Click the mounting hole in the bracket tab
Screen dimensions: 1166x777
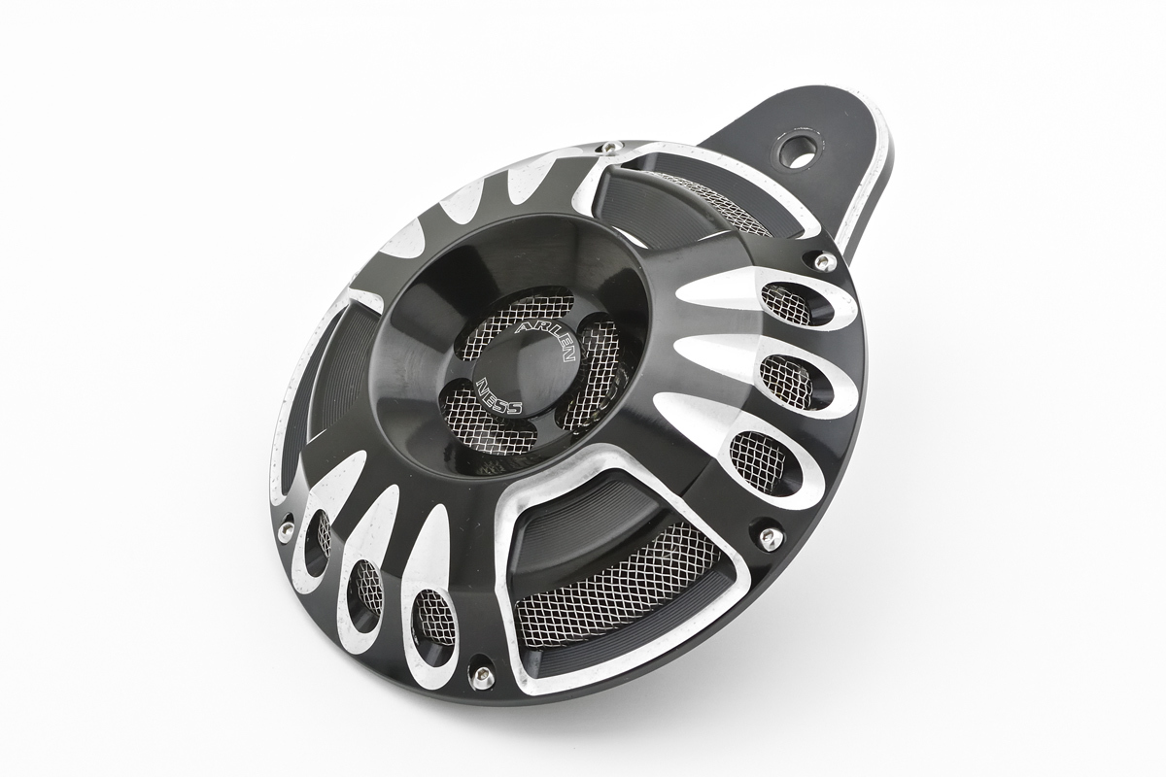[x=798, y=150]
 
